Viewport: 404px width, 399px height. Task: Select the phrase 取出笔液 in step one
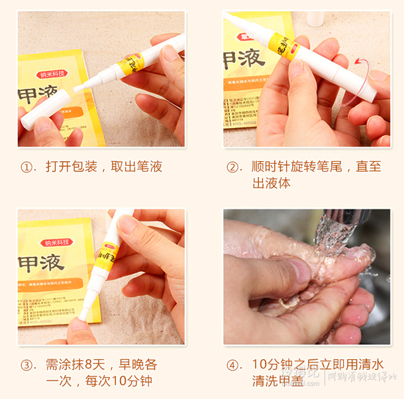point(136,167)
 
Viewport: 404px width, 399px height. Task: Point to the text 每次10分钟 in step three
point(119,381)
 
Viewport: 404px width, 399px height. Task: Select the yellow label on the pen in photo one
point(132,64)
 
